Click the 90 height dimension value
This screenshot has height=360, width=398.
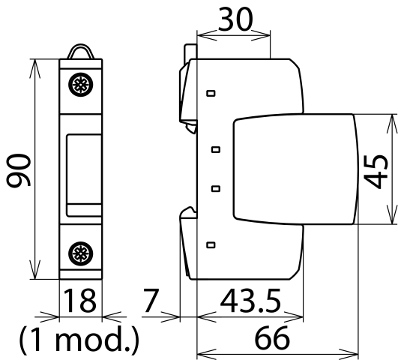click(x=18, y=170)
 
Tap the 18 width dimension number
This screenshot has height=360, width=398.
click(x=80, y=301)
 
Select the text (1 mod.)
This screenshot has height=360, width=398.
click(x=79, y=340)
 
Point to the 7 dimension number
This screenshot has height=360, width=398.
click(x=151, y=300)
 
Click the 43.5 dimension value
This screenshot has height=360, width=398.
click(x=250, y=301)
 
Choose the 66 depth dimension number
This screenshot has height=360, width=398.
click(x=272, y=338)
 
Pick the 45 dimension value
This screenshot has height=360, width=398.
click(x=376, y=172)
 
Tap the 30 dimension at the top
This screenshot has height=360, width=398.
click(x=235, y=19)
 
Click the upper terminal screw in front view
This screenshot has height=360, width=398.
click(x=81, y=85)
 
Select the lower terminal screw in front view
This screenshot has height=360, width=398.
click(x=81, y=253)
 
